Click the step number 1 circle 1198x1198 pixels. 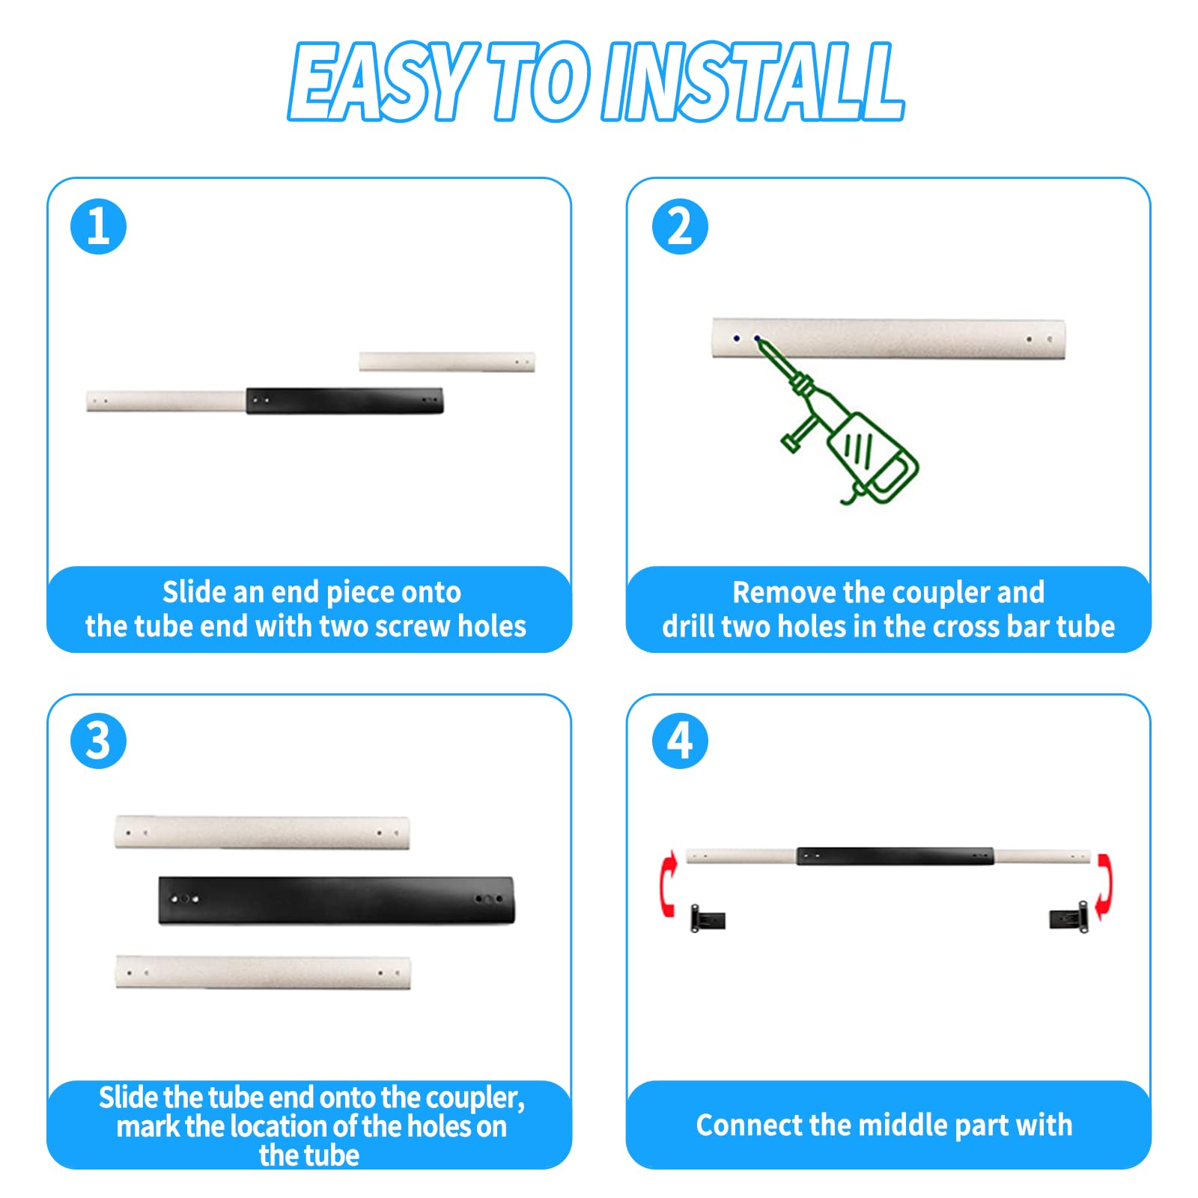coord(98,226)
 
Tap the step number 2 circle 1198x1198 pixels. coord(679,226)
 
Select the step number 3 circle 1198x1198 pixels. coord(98,741)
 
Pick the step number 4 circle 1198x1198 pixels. coord(679,741)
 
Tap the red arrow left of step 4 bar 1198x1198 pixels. coord(668,884)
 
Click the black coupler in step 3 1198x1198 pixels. coord(337,899)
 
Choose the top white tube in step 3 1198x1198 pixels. coord(262,833)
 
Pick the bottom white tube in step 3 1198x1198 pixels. coord(263,972)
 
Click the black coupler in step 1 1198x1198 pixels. coord(344,401)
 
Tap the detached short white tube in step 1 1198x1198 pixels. coord(446,362)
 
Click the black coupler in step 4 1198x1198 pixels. coord(895,856)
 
